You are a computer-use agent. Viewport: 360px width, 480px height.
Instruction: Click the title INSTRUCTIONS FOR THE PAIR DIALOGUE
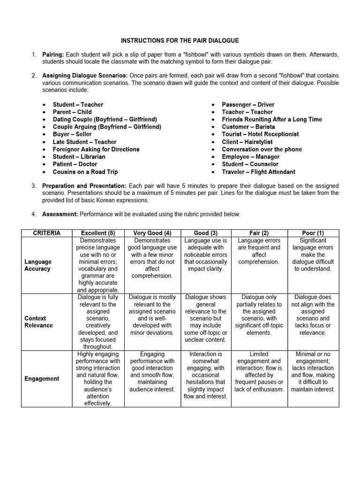point(180,41)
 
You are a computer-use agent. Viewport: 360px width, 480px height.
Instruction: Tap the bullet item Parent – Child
point(72,112)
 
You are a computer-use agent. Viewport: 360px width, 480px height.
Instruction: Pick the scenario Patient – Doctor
point(75,164)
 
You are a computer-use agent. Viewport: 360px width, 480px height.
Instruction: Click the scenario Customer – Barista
point(248,127)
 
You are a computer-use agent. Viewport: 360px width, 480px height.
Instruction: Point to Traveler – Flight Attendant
point(259,172)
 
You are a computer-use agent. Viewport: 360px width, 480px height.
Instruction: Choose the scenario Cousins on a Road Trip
point(85,172)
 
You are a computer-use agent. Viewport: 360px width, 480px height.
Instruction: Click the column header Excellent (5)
point(98,233)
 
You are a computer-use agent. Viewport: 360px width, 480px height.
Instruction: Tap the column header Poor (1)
point(313,233)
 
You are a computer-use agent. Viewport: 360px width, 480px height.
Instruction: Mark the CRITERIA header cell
point(47,233)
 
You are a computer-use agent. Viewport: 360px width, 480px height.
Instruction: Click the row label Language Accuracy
point(38,265)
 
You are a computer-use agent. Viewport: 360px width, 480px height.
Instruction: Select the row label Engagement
point(42,379)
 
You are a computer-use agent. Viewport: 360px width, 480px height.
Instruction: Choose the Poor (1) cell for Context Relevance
point(313,315)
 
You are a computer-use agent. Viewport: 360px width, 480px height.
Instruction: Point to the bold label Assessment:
point(60,214)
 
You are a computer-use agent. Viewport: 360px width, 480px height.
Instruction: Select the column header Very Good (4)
point(152,233)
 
